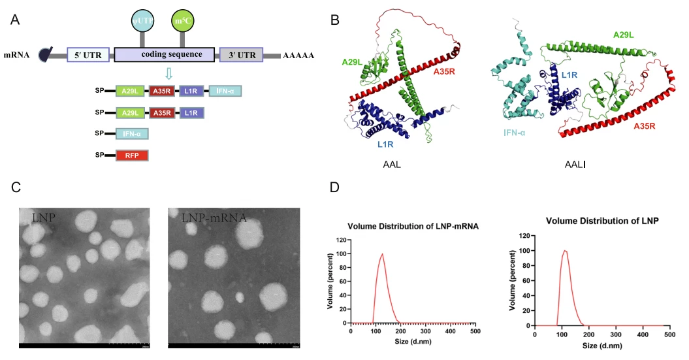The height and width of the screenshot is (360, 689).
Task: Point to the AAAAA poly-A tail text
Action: [x=299, y=56]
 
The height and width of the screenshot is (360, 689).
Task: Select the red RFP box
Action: [x=132, y=155]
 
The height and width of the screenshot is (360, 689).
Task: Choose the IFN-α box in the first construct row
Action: [x=225, y=92]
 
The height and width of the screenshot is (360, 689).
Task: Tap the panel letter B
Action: [x=335, y=21]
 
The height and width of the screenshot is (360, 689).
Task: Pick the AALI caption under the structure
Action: [x=573, y=166]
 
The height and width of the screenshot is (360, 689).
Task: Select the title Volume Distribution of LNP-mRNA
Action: [x=413, y=227]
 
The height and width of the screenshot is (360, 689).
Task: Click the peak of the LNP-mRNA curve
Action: [x=382, y=254]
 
